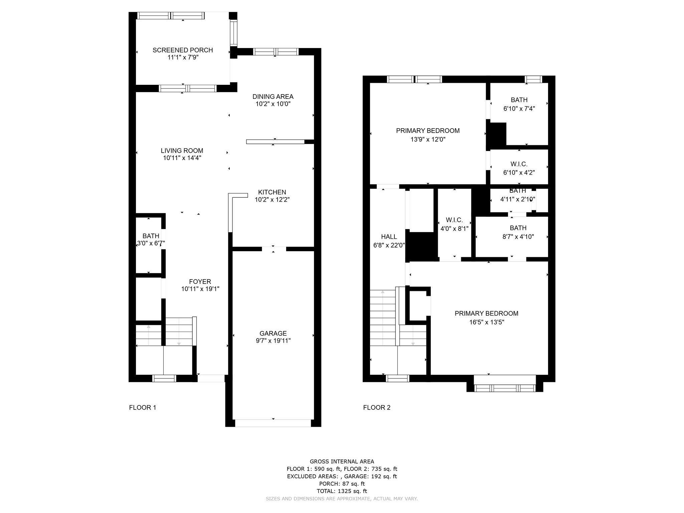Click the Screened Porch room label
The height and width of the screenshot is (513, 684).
183,50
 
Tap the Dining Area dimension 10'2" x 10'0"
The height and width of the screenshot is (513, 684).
273,104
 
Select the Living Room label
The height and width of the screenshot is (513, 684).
182,151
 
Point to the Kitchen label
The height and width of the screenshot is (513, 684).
272,192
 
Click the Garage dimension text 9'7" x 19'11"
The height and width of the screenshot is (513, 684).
273,341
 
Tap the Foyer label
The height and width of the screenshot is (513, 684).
200,282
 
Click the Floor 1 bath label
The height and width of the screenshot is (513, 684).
151,236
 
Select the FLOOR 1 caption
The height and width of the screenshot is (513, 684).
143,407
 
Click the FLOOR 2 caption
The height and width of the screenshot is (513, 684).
377,407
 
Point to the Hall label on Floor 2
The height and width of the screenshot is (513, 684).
389,237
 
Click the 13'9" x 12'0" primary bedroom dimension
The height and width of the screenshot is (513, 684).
428,139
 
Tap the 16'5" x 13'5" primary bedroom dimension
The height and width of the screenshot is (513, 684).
487,322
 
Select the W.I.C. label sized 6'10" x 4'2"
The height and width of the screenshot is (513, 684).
519,164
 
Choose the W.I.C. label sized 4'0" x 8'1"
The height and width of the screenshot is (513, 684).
454,220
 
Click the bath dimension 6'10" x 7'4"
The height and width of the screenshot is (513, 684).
519,109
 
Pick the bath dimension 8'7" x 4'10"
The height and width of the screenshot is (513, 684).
518,237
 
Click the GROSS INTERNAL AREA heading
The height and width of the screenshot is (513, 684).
342,462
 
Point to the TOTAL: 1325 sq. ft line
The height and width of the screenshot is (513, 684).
342,491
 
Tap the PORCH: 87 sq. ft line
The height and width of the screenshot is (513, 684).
342,484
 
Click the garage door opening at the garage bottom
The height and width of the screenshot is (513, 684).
273,423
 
